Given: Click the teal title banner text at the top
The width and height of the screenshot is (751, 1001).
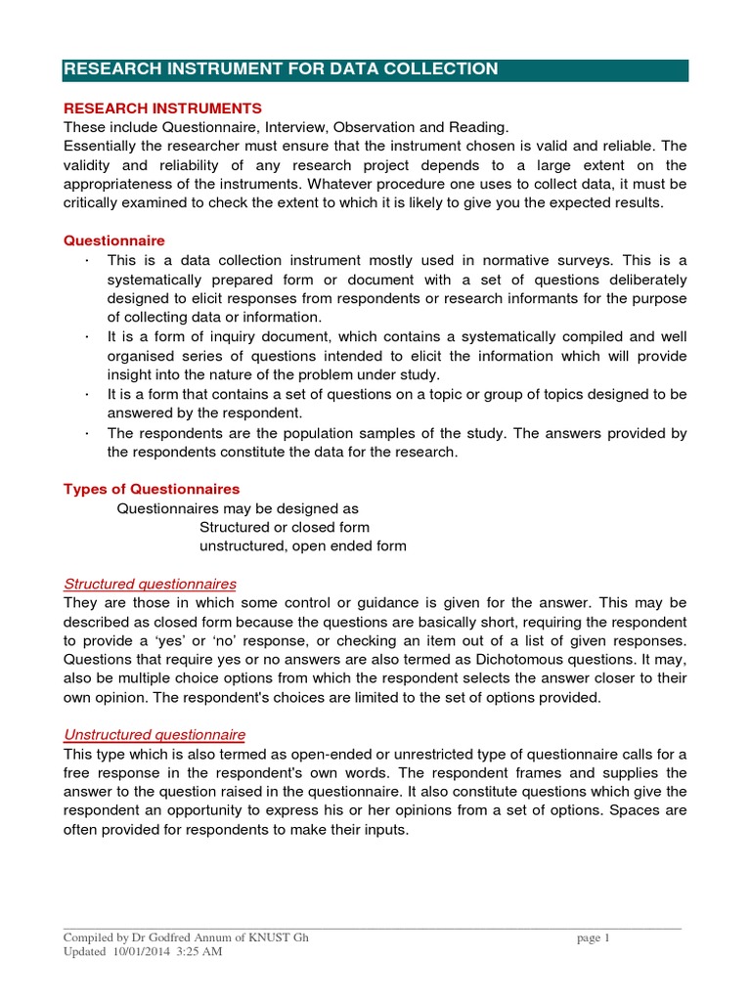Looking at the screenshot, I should (281, 69).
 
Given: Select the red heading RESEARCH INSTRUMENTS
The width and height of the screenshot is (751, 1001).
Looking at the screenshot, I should (162, 108).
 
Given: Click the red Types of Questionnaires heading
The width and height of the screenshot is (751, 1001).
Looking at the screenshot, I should (152, 489).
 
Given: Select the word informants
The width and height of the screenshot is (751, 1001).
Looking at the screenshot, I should (560, 298).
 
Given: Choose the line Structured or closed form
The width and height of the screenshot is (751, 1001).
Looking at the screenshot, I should (284, 527).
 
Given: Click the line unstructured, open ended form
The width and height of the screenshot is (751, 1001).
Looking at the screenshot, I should (302, 545).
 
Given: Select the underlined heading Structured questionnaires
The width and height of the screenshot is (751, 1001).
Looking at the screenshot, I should (150, 585).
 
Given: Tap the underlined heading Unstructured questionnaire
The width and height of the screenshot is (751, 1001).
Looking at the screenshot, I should (155, 734).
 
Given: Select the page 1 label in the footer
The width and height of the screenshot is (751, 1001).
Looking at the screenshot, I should (594, 938).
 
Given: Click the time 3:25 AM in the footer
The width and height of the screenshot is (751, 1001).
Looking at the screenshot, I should (201, 952).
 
